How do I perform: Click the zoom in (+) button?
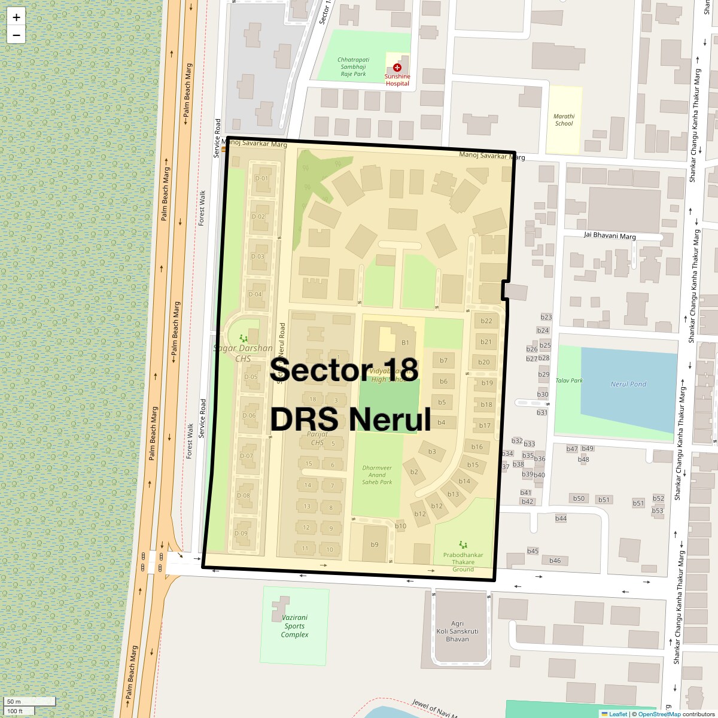(16, 17)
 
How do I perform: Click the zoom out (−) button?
(16, 35)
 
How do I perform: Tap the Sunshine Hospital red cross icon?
(397, 68)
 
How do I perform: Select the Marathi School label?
(564, 120)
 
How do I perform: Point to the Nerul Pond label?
(628, 384)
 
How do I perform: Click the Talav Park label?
(569, 381)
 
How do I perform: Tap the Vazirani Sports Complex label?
(294, 626)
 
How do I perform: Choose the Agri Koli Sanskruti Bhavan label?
(457, 631)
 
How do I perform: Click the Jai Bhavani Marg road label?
(610, 236)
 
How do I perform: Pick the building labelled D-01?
(261, 178)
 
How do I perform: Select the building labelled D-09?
(241, 534)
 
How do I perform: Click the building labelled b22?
(486, 321)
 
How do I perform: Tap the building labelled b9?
(375, 544)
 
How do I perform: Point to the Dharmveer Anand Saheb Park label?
(377, 475)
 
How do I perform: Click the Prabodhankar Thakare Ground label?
(463, 562)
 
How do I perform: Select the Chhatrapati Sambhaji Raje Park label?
(353, 66)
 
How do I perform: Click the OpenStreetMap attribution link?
(659, 714)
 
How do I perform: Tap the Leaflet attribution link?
(617, 714)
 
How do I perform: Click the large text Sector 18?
(343, 370)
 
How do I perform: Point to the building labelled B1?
(405, 343)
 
